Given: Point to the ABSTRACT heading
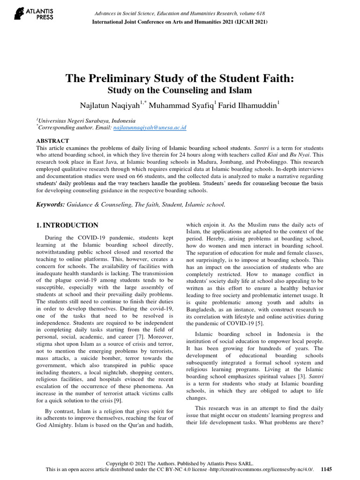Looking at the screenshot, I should [52, 141].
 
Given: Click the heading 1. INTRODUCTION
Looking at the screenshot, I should [67, 225].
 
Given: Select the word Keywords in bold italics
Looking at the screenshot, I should [50, 204].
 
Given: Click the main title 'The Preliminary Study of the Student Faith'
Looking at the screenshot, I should [180, 79].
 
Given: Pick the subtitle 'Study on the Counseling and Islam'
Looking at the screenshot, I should [180, 90].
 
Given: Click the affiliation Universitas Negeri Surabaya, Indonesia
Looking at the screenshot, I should [87, 120].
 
